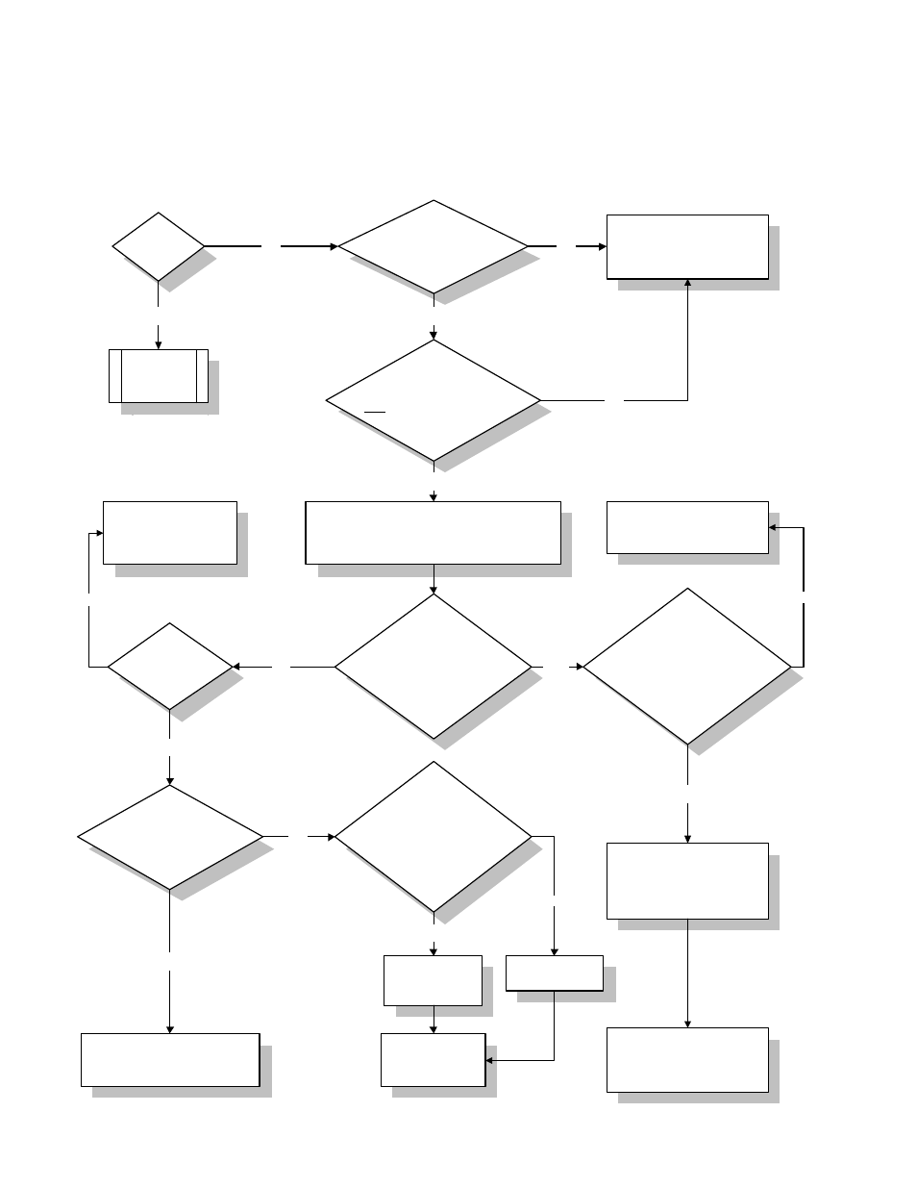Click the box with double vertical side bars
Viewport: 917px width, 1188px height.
coord(159,375)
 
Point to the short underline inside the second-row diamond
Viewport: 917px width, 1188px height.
coord(375,411)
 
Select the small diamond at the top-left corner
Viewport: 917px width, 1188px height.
coord(159,246)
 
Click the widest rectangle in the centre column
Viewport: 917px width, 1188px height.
coord(433,532)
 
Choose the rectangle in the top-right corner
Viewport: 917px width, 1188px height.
coord(687,246)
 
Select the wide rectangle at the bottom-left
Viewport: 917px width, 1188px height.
coord(170,1059)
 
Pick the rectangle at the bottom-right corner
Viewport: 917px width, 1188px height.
coord(687,1059)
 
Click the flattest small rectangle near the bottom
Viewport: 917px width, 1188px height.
coord(555,973)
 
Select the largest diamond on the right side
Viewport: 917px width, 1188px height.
coord(687,666)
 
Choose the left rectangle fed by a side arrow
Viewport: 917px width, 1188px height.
coord(170,532)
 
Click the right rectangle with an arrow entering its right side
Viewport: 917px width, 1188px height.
coord(687,527)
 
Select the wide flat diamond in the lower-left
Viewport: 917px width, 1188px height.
coord(170,837)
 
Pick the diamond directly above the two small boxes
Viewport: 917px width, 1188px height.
coord(433,837)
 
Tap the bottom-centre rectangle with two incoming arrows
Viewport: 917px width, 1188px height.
coord(433,1059)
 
